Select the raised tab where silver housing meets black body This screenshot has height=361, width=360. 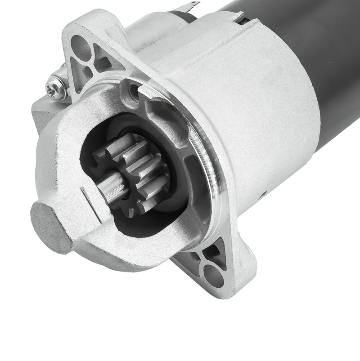239,17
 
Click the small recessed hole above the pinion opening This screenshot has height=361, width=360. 134,91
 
